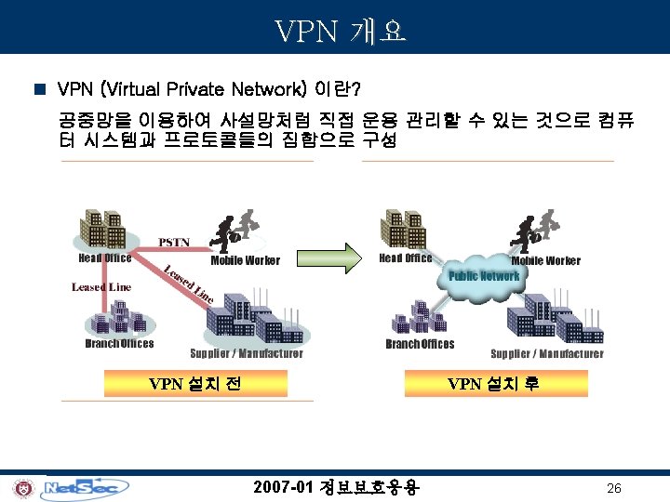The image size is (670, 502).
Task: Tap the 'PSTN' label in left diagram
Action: point(174,243)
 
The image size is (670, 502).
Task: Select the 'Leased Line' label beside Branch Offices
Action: point(101,286)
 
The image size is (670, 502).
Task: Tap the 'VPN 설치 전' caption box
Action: point(195,383)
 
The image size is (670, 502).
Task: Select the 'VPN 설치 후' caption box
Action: point(493,383)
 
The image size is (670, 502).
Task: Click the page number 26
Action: point(613,489)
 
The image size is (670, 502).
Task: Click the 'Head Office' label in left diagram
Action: point(105,258)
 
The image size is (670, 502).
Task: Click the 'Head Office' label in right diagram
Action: point(406,258)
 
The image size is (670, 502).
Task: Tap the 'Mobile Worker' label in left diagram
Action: point(245,260)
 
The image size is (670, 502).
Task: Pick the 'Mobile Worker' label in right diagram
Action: point(545,260)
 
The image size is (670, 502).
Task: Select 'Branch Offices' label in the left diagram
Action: point(119,343)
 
